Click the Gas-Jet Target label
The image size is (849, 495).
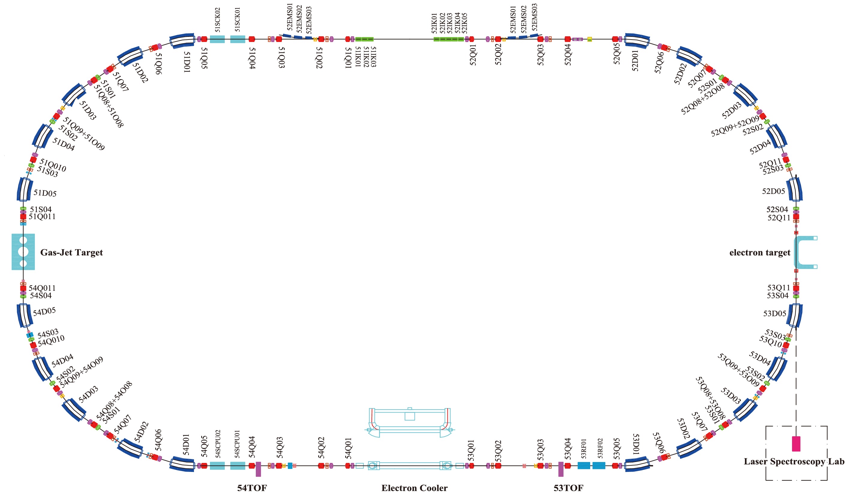71,252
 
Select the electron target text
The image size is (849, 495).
759,252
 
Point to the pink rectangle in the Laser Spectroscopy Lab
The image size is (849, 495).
796,444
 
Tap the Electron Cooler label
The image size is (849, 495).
414,488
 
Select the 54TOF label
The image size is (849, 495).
252,488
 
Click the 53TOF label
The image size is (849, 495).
568,488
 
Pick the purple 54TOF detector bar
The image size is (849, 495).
258,469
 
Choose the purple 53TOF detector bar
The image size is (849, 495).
561,469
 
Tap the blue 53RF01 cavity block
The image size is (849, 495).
584,465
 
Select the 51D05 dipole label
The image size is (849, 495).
45,193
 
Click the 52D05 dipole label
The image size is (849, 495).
773,191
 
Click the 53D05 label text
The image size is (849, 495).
775,314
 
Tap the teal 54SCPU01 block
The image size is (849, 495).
238,466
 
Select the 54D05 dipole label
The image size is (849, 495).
44,312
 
